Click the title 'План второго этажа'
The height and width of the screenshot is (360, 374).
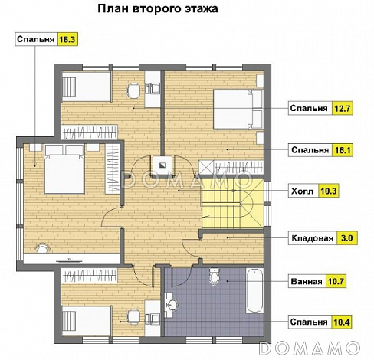(x=157, y=10)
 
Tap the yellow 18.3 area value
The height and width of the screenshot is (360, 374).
(x=69, y=38)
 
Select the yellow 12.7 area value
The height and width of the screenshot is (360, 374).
(x=342, y=109)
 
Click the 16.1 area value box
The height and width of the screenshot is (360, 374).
(x=342, y=151)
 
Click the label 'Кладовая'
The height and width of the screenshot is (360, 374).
(x=311, y=238)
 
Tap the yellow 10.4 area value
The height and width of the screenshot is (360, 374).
(x=342, y=322)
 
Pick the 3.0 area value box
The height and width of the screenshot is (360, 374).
(x=346, y=238)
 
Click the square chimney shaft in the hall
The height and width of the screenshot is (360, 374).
(x=162, y=164)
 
